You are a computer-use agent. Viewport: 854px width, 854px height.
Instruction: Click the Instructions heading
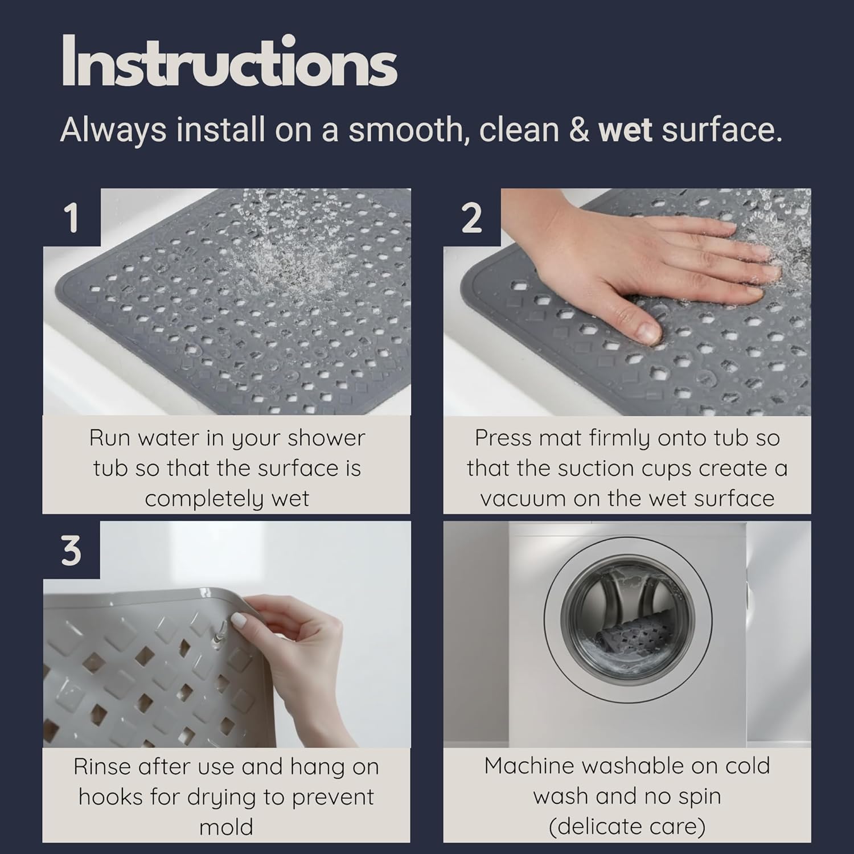pyautogui.click(x=228, y=62)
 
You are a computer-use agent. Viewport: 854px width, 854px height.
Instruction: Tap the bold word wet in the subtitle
pyautogui.click(x=625, y=130)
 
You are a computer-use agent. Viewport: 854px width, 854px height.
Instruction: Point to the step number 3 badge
pyautogui.click(x=71, y=551)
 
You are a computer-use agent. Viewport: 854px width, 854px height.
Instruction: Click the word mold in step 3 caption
pyautogui.click(x=226, y=827)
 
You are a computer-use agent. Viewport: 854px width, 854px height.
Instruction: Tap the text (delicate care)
pyautogui.click(x=627, y=826)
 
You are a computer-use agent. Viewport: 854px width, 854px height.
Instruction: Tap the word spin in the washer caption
pyautogui.click(x=699, y=796)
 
